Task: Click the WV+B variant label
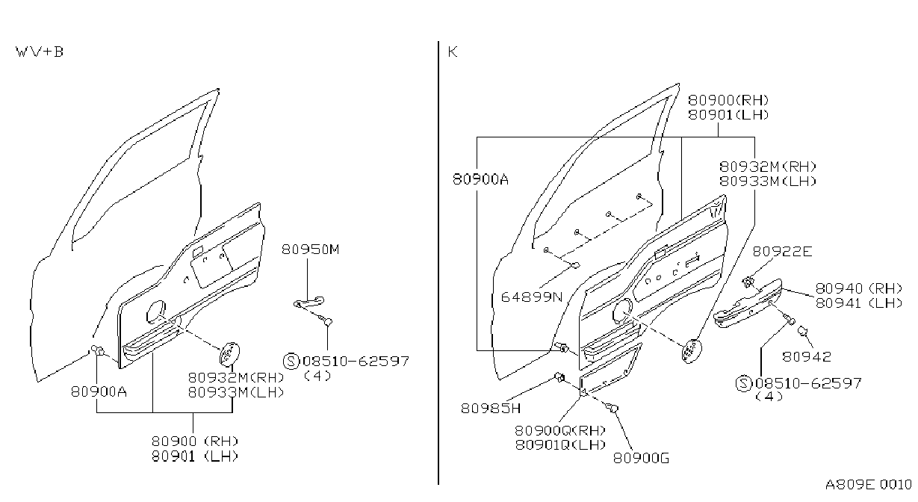40,52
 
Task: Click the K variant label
453,52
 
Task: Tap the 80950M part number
311,250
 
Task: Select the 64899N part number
532,297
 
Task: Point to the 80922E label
782,251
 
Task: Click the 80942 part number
807,356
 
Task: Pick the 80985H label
491,408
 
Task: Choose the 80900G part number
642,458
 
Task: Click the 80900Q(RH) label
560,430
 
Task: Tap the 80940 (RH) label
859,288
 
